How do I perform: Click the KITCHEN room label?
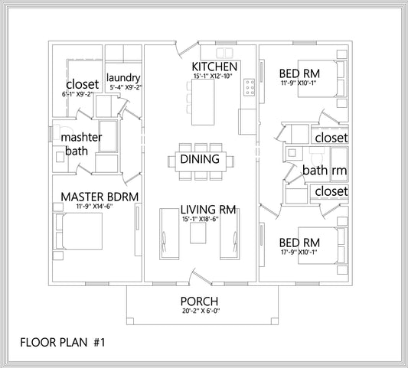[214, 67]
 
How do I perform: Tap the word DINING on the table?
[200, 160]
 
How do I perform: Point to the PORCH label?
[199, 301]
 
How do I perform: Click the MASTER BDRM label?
[100, 197]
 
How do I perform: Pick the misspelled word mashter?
[82, 137]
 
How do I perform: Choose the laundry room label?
[122, 77]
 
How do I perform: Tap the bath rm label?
[325, 170]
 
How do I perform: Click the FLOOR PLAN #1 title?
[62, 342]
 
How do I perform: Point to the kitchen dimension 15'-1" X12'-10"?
[214, 77]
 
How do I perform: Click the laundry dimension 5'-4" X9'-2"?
[122, 87]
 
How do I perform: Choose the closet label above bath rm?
[331, 138]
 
